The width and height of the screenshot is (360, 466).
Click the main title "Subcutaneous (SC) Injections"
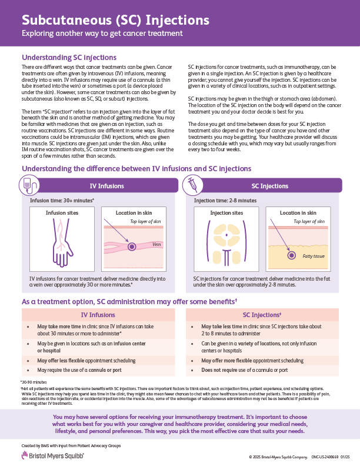tap(115, 19)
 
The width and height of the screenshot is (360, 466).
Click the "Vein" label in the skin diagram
tap(156, 244)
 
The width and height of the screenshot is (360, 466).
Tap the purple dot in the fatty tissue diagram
tap(291, 255)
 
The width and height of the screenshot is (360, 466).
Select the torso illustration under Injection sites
tap(226, 242)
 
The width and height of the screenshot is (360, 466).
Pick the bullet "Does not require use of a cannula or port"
tap(244, 370)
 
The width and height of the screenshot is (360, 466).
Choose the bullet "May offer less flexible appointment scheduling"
tap(86, 360)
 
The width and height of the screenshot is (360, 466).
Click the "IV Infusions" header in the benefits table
tap(98, 315)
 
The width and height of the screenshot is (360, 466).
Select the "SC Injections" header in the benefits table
tap(262, 315)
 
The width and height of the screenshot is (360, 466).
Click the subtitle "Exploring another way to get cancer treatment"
tap(102, 34)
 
